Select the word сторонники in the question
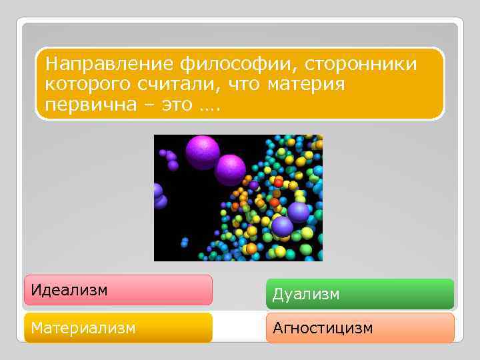coord(363,65)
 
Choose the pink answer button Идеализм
coord(118,290)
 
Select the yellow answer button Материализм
coord(118,327)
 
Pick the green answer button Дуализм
coord(360,294)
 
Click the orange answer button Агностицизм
coord(360,328)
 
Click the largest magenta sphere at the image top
coord(202,151)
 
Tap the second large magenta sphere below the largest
coord(230,170)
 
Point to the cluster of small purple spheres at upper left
coord(171,159)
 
